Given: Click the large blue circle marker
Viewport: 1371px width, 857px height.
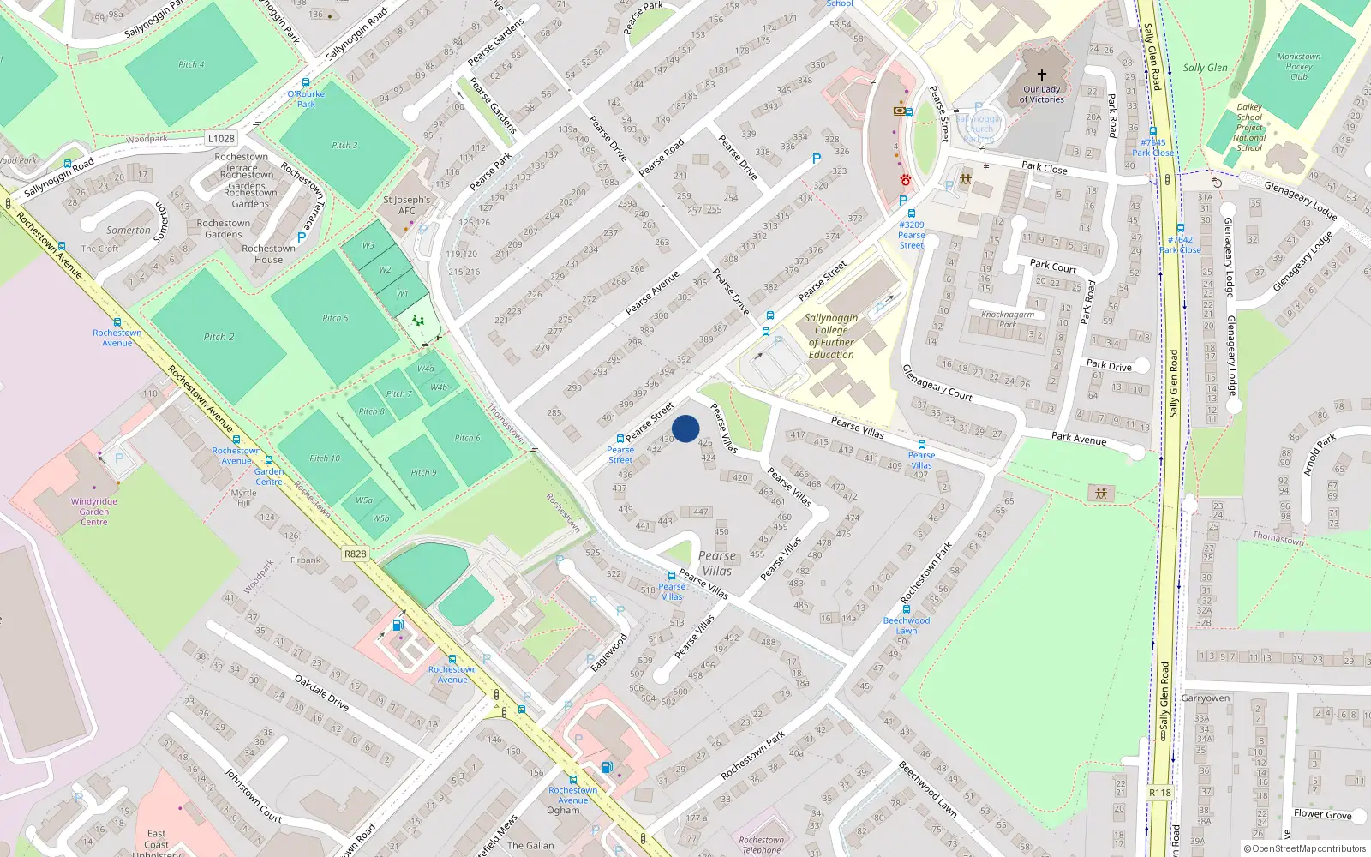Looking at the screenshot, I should pos(685,428).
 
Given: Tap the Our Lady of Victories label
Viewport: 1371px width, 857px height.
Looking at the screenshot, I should pos(1041,94).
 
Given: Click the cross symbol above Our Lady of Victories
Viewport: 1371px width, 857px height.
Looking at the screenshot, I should pos(1042,75).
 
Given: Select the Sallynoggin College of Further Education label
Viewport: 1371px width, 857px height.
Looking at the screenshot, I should pos(830,336).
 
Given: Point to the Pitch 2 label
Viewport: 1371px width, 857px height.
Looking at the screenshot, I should pos(219,337).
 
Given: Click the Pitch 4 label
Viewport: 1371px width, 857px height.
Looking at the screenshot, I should pos(191,64).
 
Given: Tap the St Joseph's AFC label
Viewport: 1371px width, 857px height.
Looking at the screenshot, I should pos(406,205).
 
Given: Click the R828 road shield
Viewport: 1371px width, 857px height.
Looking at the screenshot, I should pos(356,554).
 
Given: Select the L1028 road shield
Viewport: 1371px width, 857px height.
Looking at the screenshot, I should pos(221,138).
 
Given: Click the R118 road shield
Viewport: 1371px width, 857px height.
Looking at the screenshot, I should pos(1160,793).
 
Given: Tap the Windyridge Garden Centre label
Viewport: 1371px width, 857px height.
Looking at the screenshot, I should pos(94,512).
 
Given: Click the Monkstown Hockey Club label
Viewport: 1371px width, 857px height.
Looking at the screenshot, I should pos(1298,66).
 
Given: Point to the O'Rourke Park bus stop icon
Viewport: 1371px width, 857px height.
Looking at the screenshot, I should pos(306,82).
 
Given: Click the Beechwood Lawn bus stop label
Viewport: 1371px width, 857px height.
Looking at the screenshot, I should pos(907,626).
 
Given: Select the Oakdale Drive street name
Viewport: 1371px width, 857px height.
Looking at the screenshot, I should pos(321,692).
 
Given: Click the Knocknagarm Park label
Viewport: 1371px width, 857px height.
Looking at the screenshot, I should pos(1008,319).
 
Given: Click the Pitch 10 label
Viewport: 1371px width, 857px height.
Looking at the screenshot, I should pos(325,458).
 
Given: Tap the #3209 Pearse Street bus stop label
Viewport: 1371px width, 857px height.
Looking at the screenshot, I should pos(912,235).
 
